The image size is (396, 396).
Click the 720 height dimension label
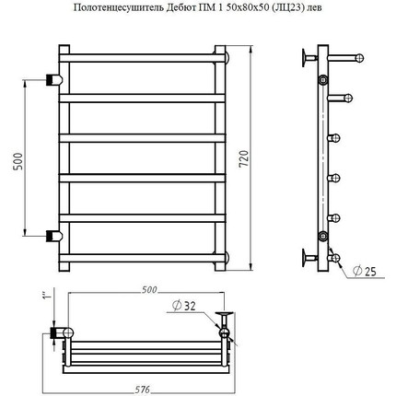(x=243, y=158)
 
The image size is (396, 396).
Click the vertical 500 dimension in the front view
(x=18, y=161)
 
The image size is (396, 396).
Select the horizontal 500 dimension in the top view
(x=149, y=289)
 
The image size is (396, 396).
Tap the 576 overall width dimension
(x=143, y=390)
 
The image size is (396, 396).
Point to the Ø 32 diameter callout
(x=184, y=306)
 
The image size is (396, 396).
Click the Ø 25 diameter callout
(x=365, y=271)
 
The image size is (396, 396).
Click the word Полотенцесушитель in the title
(x=119, y=7)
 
